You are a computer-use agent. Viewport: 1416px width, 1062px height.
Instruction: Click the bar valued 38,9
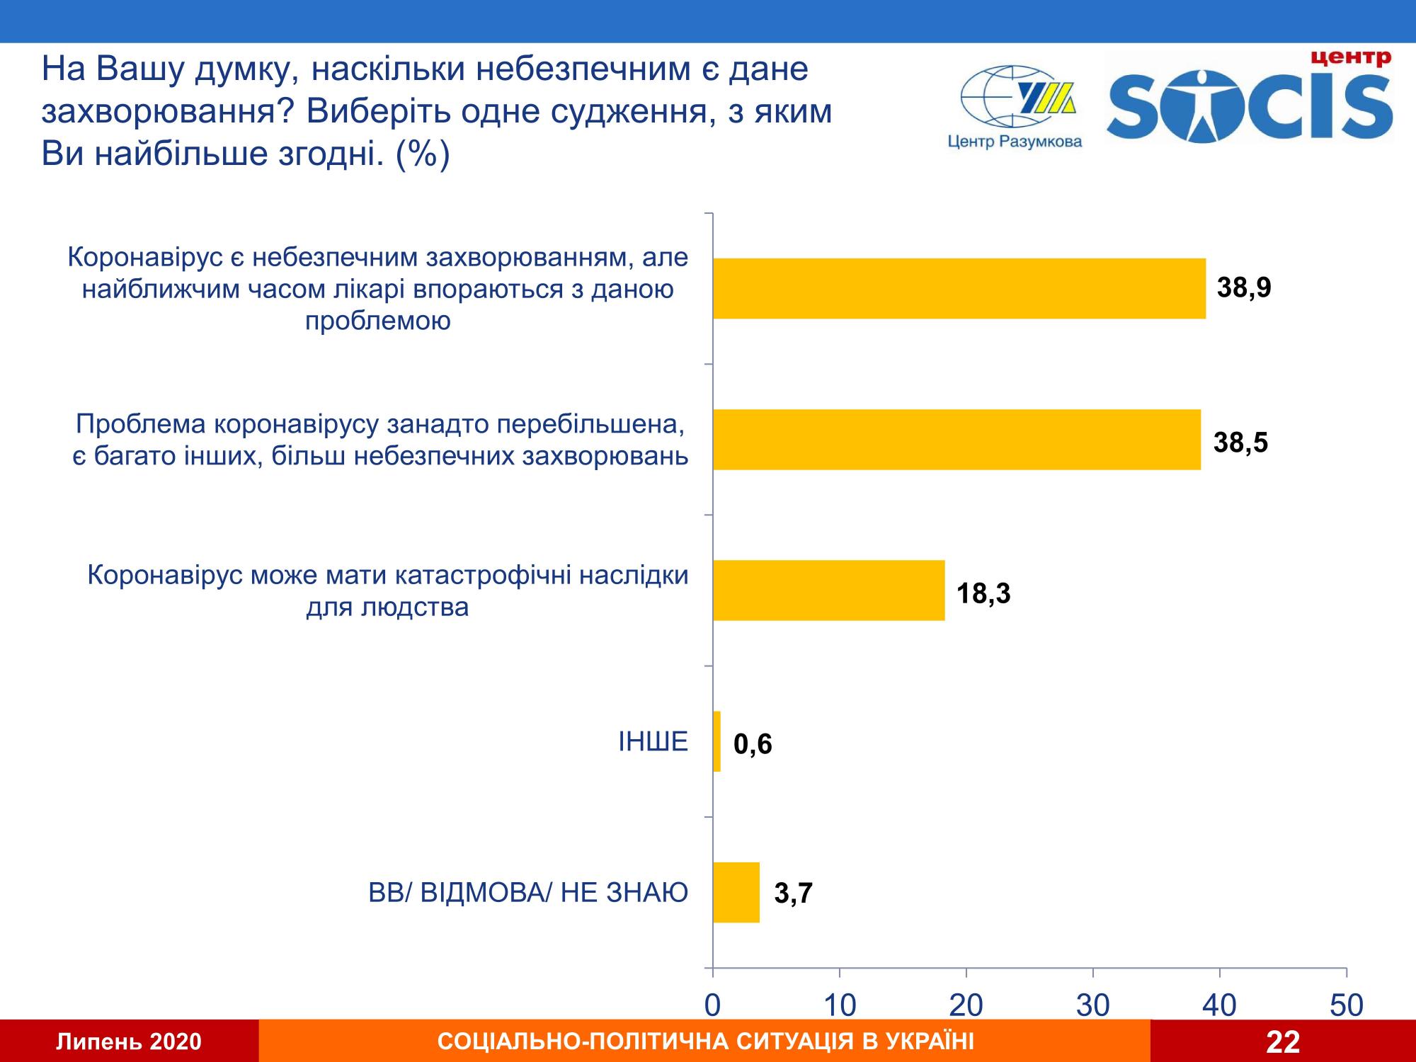(x=959, y=288)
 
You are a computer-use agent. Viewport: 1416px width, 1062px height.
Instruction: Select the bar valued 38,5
(x=956, y=439)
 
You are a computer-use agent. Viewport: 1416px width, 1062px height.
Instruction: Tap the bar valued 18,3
(x=828, y=590)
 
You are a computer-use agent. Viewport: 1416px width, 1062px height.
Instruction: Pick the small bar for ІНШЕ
(x=716, y=741)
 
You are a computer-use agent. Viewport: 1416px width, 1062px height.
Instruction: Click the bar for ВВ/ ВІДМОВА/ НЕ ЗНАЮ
(x=736, y=892)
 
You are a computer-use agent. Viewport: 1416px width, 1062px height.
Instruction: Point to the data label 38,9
(x=1244, y=288)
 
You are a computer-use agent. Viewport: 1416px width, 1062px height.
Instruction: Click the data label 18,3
(x=983, y=593)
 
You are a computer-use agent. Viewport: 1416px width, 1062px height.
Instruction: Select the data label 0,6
(x=752, y=744)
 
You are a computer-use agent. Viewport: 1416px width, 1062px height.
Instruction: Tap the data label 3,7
(x=793, y=894)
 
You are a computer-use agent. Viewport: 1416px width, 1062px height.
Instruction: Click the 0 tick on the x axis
(x=713, y=1005)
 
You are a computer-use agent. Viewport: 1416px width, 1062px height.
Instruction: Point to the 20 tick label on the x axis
(x=966, y=1005)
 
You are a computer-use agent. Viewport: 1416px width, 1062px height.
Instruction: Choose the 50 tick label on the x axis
(x=1347, y=1005)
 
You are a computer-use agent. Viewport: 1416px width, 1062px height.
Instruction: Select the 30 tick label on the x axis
(x=1093, y=1005)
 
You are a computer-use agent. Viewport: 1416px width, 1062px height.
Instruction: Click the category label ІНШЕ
(x=653, y=741)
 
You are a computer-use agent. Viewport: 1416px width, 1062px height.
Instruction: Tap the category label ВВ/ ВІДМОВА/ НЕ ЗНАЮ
(x=528, y=893)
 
